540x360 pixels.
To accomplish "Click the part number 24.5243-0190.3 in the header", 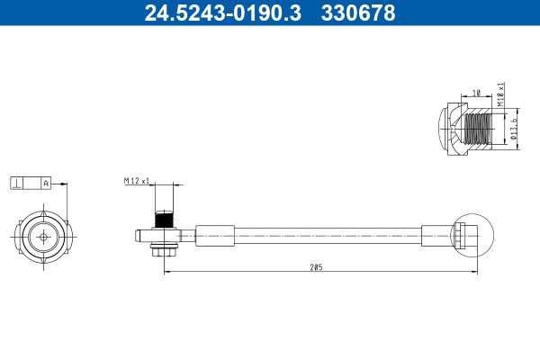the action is (x=223, y=13).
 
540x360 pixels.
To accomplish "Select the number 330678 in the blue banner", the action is (x=358, y=13).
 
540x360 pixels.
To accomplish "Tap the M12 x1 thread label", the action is (x=137, y=181).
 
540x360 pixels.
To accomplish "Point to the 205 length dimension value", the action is (x=316, y=267).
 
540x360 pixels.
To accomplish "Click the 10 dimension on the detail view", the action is (x=476, y=93).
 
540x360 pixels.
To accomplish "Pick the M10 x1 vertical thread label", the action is (x=500, y=94).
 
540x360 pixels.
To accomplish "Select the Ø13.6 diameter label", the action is (x=514, y=130).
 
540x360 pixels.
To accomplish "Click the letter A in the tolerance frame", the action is (x=46, y=184).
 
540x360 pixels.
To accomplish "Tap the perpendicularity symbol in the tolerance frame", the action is (x=16, y=184).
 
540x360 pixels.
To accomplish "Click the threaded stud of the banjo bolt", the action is (x=164, y=219).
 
